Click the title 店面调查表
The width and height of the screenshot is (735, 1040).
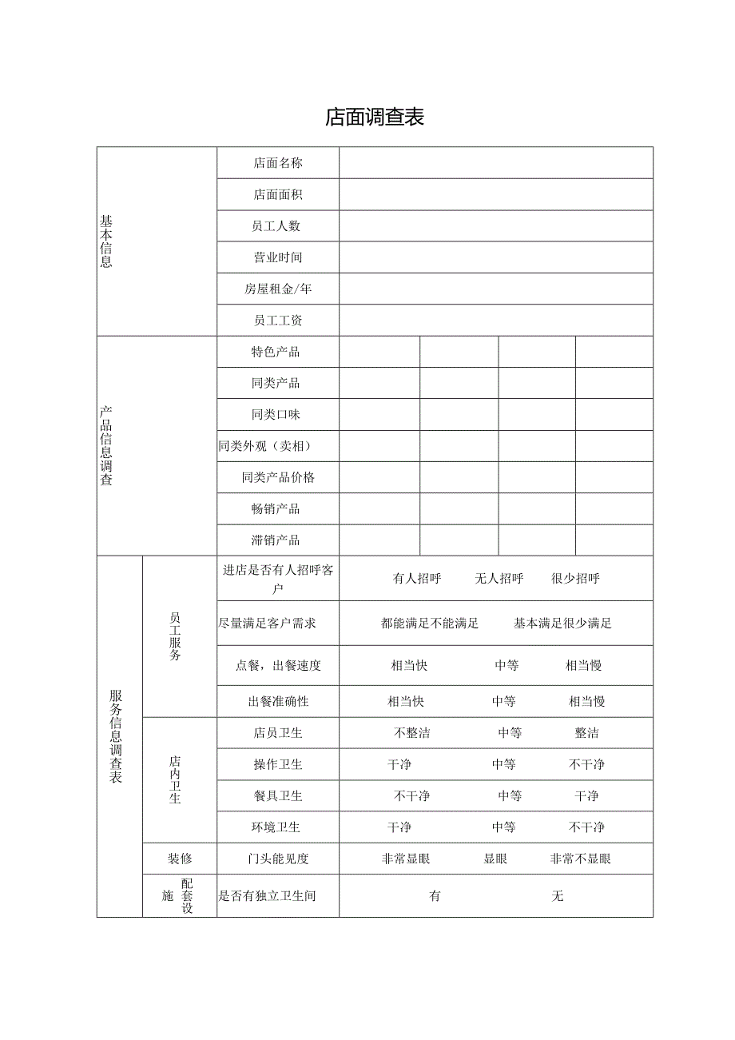tap(374, 118)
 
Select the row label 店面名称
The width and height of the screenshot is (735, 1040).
tap(277, 163)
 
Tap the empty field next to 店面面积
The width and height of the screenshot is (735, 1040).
tap(495, 194)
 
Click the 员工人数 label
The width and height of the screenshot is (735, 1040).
tap(277, 226)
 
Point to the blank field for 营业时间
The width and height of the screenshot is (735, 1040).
tap(495, 257)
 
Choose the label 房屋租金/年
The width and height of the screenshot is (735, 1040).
tap(277, 289)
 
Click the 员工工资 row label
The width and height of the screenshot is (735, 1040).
tap(277, 321)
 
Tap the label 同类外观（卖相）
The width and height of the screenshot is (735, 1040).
tap(264, 446)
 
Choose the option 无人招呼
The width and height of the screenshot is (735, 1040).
tap(499, 579)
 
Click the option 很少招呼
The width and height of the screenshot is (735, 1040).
tap(575, 579)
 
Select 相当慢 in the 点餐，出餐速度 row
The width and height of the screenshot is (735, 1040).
tap(583, 666)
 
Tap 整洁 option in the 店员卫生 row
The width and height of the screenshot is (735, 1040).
tap(586, 733)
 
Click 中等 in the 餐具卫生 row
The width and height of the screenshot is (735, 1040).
tap(510, 796)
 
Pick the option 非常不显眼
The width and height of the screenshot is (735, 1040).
tap(580, 859)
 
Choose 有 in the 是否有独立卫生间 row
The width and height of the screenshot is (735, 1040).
tap(435, 896)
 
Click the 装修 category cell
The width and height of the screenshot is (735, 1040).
tap(180, 859)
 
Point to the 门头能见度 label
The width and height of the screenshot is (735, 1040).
tap(277, 859)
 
